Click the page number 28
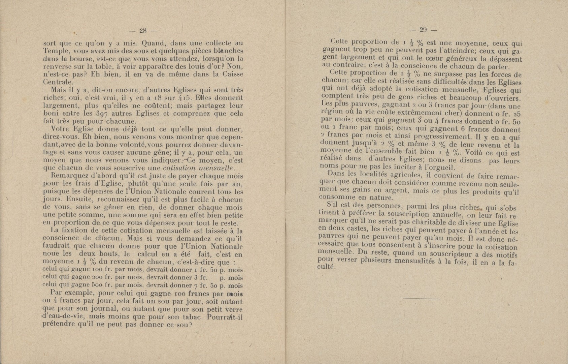143,31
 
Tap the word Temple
55,51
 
